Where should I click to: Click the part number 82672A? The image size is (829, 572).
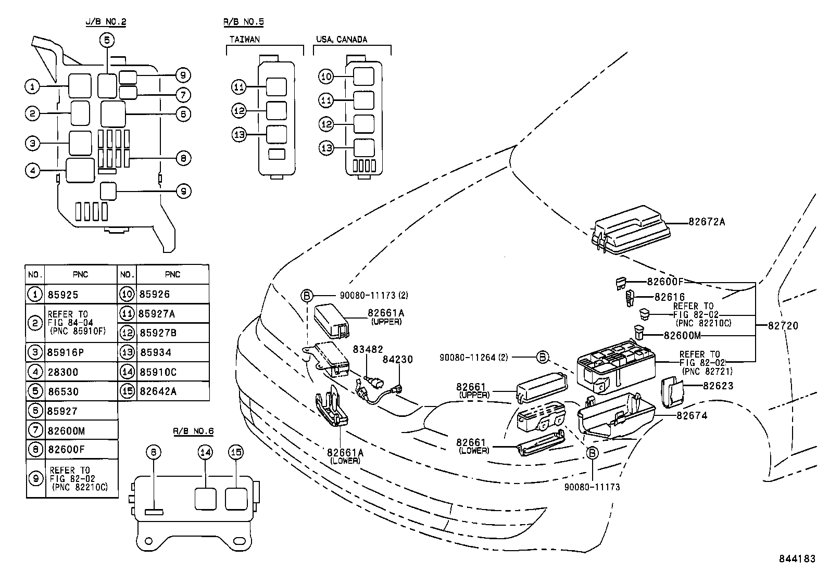(706, 222)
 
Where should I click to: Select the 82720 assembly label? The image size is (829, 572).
(783, 326)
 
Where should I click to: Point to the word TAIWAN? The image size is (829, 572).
(244, 39)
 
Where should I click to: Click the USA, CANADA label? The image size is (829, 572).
(341, 39)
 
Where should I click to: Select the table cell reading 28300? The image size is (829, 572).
(62, 372)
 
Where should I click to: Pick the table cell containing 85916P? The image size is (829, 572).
(65, 352)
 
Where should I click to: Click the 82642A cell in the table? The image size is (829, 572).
(158, 391)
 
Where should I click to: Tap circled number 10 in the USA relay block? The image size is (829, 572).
(326, 77)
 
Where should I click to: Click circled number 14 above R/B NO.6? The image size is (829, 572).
(205, 452)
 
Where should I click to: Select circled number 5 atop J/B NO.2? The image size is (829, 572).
(107, 40)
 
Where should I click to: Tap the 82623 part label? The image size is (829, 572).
(718, 386)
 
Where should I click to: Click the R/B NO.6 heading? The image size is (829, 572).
(193, 431)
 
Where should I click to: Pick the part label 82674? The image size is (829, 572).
(692, 416)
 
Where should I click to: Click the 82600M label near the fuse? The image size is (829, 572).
(682, 336)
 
